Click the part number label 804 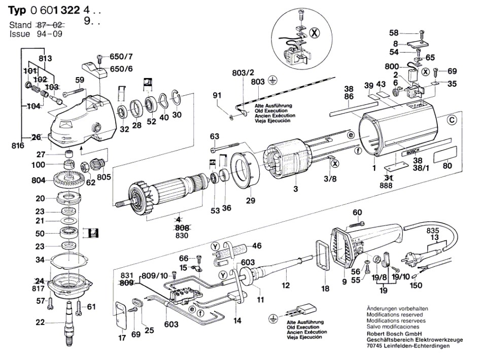[x=39, y=180]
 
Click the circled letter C [x=452, y=120]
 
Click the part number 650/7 [x=121, y=57]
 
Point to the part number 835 [x=432, y=231]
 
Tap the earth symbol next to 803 [x=272, y=81]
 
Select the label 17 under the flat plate [x=122, y=338]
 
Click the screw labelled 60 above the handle [x=356, y=224]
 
